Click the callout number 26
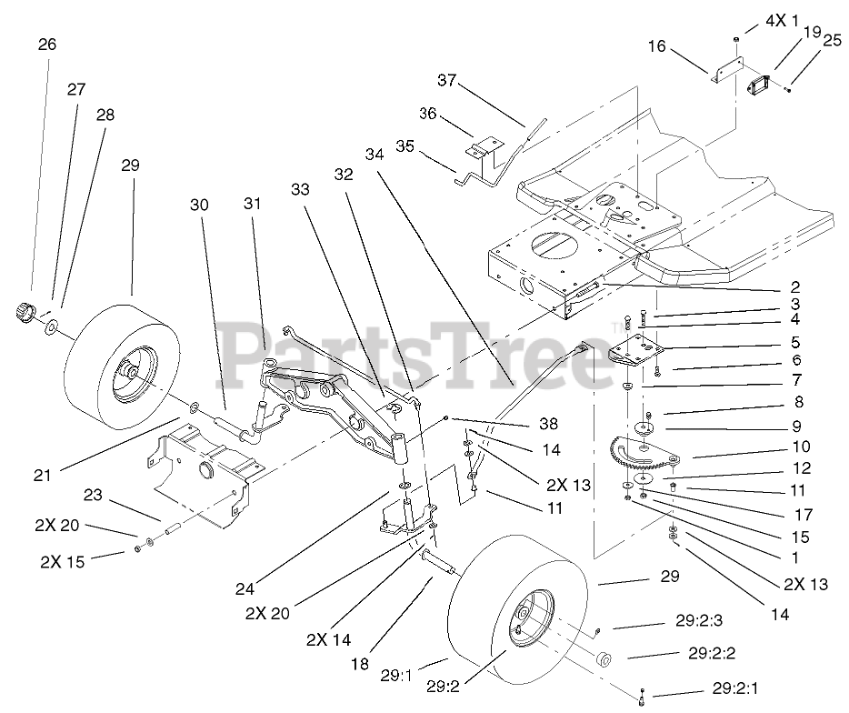47,44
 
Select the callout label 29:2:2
713,653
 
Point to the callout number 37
446,81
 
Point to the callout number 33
301,189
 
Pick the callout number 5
794,344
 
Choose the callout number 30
199,205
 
